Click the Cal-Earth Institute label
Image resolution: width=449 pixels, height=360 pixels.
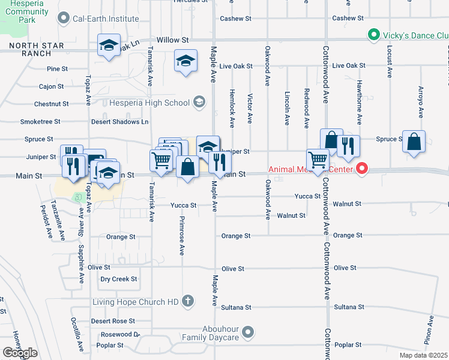pos(106,19)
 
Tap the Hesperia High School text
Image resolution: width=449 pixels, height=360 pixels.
pos(150,103)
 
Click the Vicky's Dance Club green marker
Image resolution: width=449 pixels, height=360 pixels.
pos(373,35)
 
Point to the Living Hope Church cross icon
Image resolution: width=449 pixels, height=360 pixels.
pos(188,301)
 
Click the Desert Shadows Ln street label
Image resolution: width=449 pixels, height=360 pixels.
pos(119,121)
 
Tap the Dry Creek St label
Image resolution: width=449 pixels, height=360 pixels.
pos(119,279)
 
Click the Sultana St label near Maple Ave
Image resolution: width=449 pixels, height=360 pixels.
pos(236,307)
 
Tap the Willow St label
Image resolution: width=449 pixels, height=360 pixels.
pos(173,40)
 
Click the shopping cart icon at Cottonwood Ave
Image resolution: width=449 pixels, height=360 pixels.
pos(318,160)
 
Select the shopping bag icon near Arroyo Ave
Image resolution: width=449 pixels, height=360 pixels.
pos(414,142)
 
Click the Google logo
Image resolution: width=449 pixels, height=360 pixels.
pos(20,352)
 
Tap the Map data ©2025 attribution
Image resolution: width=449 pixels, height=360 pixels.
pos(424,355)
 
